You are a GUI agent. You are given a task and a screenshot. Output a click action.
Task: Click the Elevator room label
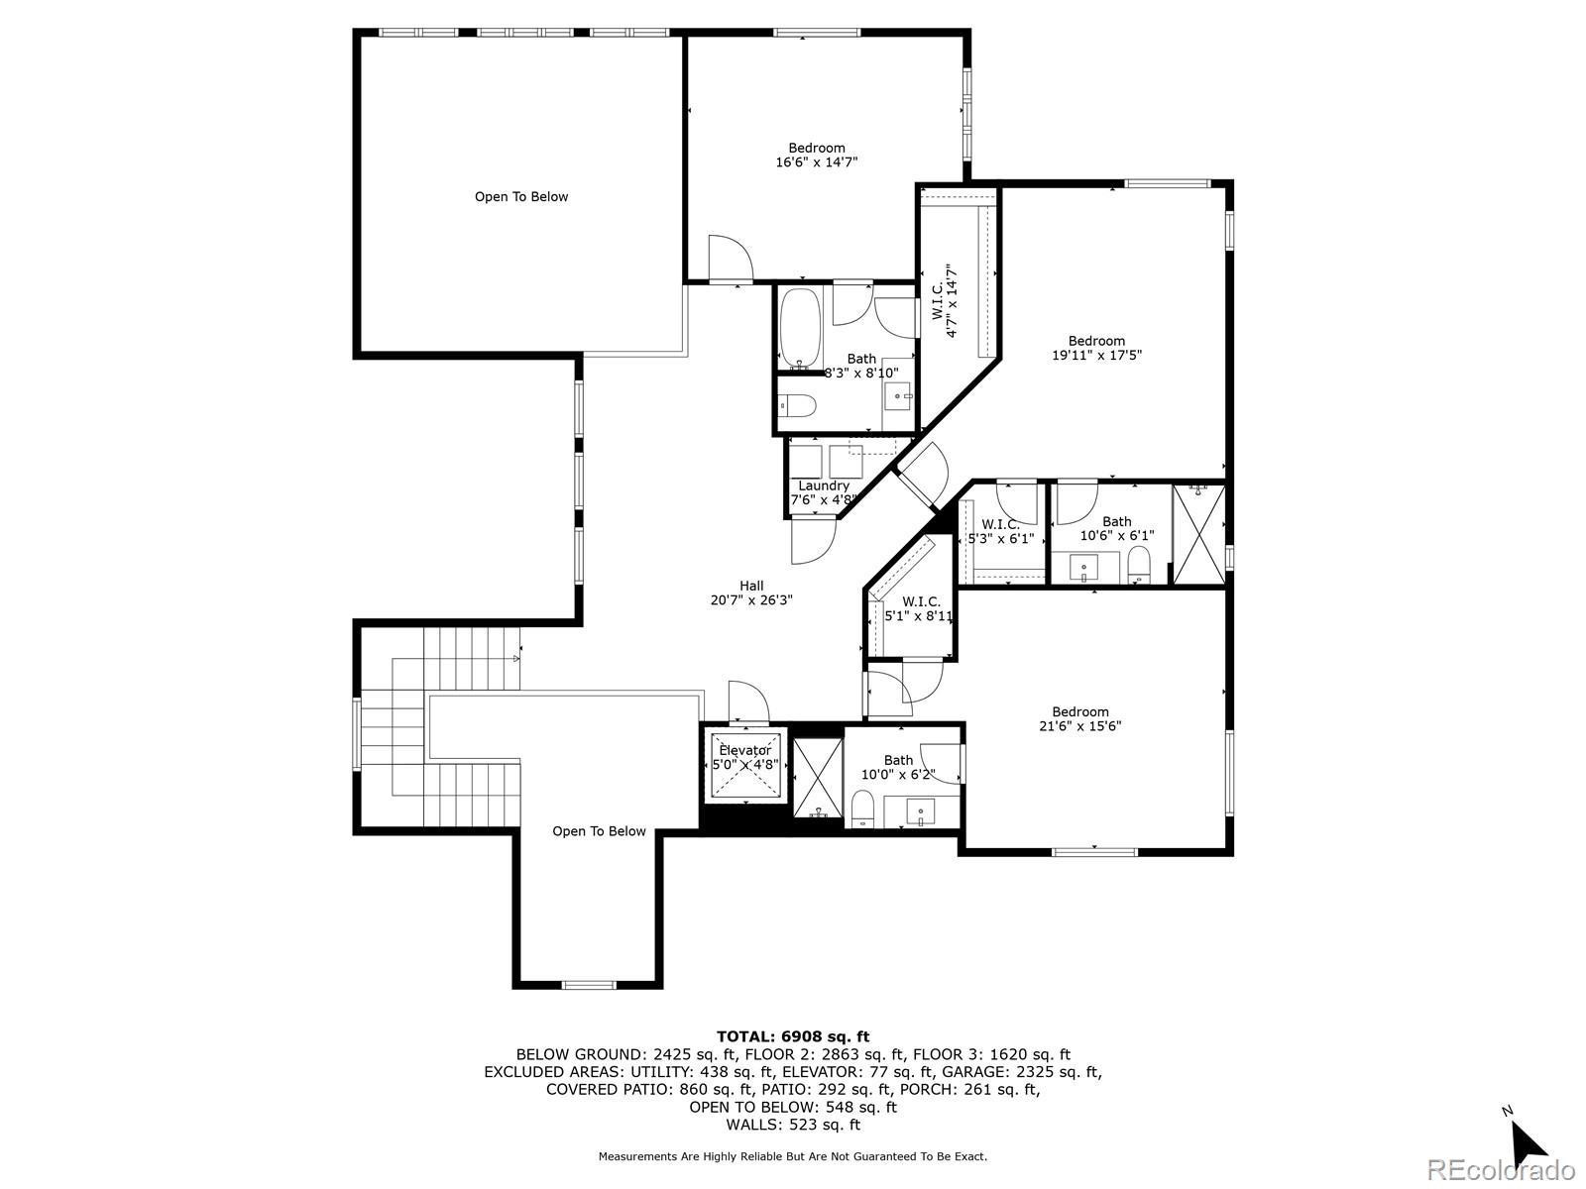coord(745,750)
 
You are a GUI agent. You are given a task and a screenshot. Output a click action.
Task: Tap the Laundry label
coord(823,486)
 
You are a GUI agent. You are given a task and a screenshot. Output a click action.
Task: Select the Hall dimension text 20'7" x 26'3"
coord(751,599)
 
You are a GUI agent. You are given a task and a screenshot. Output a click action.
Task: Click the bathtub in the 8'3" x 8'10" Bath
coord(800,329)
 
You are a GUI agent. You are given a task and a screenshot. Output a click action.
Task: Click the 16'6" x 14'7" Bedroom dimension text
coord(817,162)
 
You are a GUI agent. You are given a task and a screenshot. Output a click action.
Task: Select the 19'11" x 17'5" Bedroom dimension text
coord(1097,355)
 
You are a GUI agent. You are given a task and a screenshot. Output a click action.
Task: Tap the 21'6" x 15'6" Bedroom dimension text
coord(1080,726)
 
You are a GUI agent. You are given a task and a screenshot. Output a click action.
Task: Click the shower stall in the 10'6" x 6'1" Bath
coord(1198,535)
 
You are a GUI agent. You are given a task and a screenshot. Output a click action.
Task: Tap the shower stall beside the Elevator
coord(818,778)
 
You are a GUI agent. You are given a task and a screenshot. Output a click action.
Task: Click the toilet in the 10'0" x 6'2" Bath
coord(862,808)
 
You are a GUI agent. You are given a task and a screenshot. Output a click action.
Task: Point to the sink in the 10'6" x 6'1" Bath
coord(1083,568)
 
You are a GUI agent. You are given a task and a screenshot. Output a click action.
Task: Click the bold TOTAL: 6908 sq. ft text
coord(793,1037)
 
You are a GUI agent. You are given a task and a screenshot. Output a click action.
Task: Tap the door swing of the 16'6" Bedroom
coord(731,258)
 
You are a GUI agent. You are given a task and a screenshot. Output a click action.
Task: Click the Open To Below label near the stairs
coord(599,831)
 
